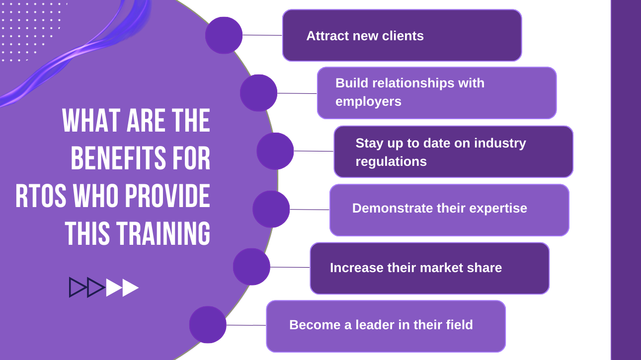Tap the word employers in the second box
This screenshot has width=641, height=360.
(368, 102)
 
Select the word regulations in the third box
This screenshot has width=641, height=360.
(391, 162)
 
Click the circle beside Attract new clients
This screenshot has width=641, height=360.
(224, 35)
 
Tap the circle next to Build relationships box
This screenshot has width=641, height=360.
(258, 93)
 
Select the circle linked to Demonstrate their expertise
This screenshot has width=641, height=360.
(271, 209)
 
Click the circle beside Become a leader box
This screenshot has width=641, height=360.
(208, 325)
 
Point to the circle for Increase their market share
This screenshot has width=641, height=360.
(251, 267)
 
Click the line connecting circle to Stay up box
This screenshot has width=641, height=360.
(314, 151)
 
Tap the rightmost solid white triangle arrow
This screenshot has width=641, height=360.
(131, 288)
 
